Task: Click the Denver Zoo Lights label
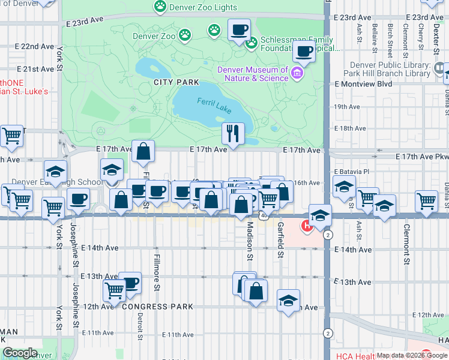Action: pos(203,8)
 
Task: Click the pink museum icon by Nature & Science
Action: pos(297,74)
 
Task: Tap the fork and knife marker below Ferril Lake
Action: pos(233,133)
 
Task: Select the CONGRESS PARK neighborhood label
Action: pos(158,307)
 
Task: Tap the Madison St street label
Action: pos(249,241)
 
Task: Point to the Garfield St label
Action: pos(280,240)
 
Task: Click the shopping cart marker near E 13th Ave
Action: pos(114,290)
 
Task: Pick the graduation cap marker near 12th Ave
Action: pos(288,300)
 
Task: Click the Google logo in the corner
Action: pos(20,353)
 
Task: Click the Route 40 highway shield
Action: pos(264,214)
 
